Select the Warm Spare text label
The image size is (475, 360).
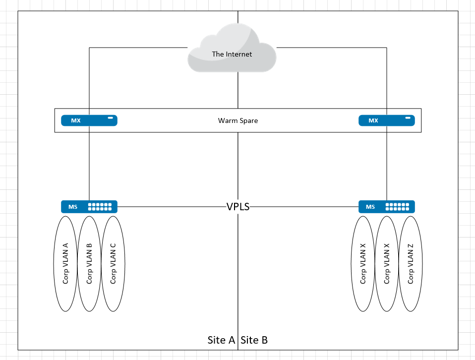point(237,120)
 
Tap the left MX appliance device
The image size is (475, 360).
point(89,120)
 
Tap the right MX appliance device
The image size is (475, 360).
point(386,120)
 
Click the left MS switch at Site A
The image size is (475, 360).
point(89,207)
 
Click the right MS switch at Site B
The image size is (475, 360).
point(386,207)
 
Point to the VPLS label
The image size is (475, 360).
point(237,207)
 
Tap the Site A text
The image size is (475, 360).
point(221,340)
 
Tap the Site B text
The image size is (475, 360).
point(254,340)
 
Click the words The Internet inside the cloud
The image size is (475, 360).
point(232,54)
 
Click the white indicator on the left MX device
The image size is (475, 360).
point(111,118)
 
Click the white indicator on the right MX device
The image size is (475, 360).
point(408,118)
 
